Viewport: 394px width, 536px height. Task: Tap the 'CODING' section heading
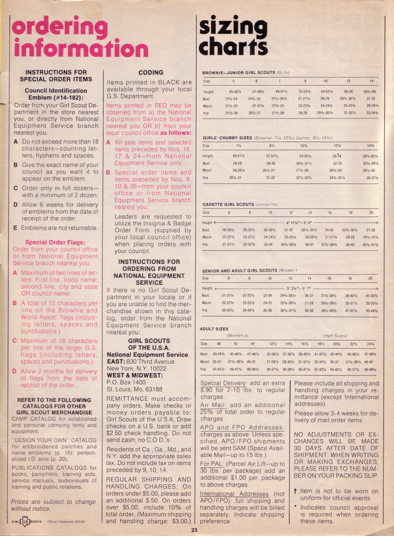coord(151,72)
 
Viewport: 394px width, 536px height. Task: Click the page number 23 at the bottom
coord(194,530)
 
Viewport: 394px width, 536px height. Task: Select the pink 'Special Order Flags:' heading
coord(55,242)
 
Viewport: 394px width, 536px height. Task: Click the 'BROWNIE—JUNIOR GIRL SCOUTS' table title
coord(239,73)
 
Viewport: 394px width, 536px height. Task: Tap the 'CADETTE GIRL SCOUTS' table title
coord(228,204)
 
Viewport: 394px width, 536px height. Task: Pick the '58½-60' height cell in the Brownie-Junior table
coord(369,92)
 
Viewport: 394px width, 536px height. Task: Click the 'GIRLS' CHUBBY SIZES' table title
coord(227,138)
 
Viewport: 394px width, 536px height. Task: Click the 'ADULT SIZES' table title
coord(214,329)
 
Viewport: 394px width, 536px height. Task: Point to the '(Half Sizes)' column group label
coord(335,336)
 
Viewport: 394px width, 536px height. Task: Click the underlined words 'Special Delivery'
coord(223,383)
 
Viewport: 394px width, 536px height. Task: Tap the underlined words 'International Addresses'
coord(234,494)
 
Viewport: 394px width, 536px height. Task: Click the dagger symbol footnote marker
coord(295,491)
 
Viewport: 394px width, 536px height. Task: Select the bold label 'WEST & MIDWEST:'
coord(135,376)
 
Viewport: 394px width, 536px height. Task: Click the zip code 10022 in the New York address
coord(159,369)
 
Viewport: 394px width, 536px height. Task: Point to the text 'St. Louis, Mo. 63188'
coord(134,389)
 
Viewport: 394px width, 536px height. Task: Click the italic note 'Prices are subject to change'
coord(53,502)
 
